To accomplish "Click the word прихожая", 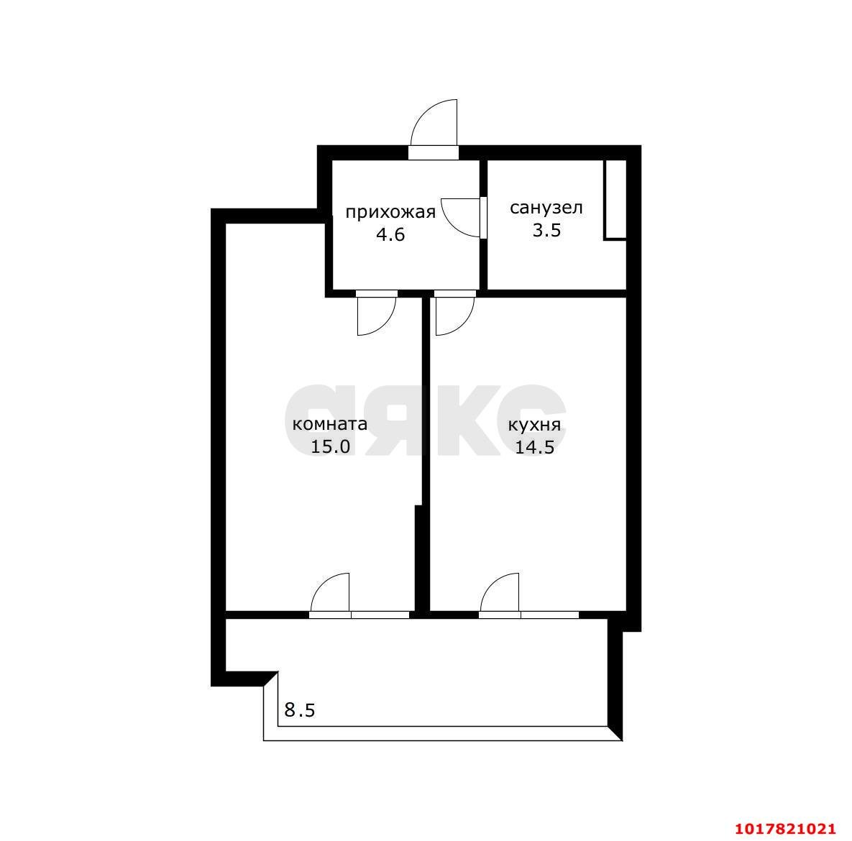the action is click(390, 211).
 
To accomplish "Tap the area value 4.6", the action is click(390, 235).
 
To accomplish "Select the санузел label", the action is click(546, 208).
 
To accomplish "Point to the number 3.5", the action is click(546, 230).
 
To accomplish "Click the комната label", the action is click(330, 424).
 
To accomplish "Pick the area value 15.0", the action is click(330, 446).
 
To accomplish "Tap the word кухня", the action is click(534, 425).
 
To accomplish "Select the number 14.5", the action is click(534, 447).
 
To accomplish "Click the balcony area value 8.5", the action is click(299, 709).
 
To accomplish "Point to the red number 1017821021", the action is click(785, 829).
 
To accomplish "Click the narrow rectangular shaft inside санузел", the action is click(615, 199).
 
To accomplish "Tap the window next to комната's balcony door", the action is click(380, 615).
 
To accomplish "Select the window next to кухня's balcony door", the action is click(550, 615).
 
